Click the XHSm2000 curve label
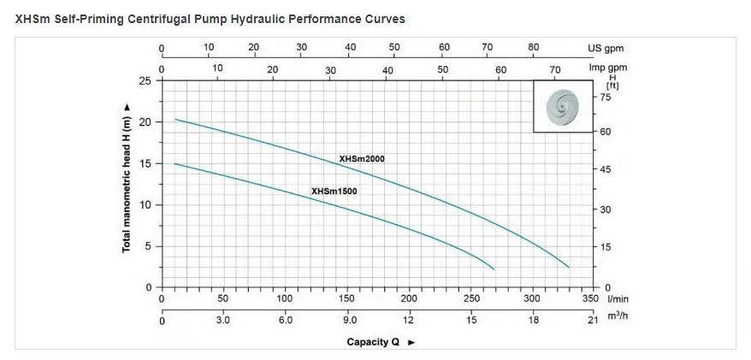pos(362,159)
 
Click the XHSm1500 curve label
pos(334,192)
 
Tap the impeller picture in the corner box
pos(563,106)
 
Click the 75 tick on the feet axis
pos(605,97)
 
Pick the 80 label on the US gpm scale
pos(534,47)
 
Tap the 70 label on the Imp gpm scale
pos(555,70)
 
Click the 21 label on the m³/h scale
pos(593,321)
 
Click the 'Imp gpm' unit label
pos(608,68)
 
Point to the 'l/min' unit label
pos(618,299)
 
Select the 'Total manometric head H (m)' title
pos(127,178)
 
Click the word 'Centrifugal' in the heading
pos(171,19)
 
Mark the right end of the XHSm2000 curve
pos(569,267)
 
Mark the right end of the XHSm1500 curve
pos(494,269)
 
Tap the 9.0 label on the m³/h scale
pos(349,321)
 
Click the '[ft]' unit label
pos(612,86)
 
